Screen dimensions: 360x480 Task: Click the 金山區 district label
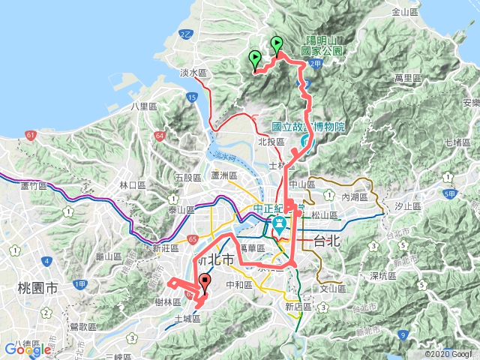(405, 12)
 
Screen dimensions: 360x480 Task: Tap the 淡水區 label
(193, 73)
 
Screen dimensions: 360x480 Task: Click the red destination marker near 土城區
(205, 283)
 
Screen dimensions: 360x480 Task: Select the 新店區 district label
(297, 307)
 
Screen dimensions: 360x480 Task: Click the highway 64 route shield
(160, 136)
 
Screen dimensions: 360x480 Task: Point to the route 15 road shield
(193, 97)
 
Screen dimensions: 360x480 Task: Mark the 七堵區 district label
(456, 142)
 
